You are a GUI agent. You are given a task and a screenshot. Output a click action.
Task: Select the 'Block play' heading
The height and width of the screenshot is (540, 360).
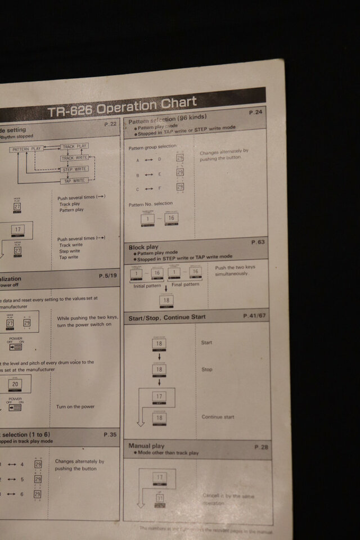(x=143, y=247)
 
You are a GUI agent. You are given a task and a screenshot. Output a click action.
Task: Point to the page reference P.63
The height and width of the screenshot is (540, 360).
(x=258, y=242)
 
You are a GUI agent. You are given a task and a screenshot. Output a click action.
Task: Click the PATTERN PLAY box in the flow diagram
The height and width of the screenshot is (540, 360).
(x=26, y=149)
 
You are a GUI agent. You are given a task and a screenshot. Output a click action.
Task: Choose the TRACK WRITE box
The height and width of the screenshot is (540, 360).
(x=75, y=158)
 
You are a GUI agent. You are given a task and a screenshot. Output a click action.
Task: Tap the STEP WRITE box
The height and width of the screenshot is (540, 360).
(x=75, y=169)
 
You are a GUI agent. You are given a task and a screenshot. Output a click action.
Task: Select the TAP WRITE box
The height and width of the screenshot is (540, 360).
(x=74, y=181)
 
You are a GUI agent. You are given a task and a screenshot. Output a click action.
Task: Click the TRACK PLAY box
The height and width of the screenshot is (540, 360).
(x=75, y=146)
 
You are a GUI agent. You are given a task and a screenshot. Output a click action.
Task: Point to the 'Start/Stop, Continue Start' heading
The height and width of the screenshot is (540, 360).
(x=167, y=317)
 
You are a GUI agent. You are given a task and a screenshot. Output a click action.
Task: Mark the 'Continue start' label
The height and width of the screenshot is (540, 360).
(x=218, y=417)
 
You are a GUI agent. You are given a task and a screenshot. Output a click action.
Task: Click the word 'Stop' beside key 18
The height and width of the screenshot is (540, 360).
(x=207, y=370)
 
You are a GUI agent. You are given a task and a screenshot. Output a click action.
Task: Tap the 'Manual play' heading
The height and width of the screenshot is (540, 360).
(x=146, y=446)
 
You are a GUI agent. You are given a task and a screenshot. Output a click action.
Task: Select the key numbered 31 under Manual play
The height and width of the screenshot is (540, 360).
(x=159, y=498)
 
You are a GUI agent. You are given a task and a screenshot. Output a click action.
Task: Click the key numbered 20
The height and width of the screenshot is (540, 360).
(x=15, y=384)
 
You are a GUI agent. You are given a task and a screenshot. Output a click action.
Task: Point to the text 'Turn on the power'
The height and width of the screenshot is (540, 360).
(x=75, y=407)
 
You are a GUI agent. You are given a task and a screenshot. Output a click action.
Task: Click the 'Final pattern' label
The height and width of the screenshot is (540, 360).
(x=185, y=285)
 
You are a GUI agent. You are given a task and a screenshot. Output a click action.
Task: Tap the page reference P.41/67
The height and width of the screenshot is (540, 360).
(x=255, y=316)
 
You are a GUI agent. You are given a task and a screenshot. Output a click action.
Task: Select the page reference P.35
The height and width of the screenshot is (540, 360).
(x=110, y=435)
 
